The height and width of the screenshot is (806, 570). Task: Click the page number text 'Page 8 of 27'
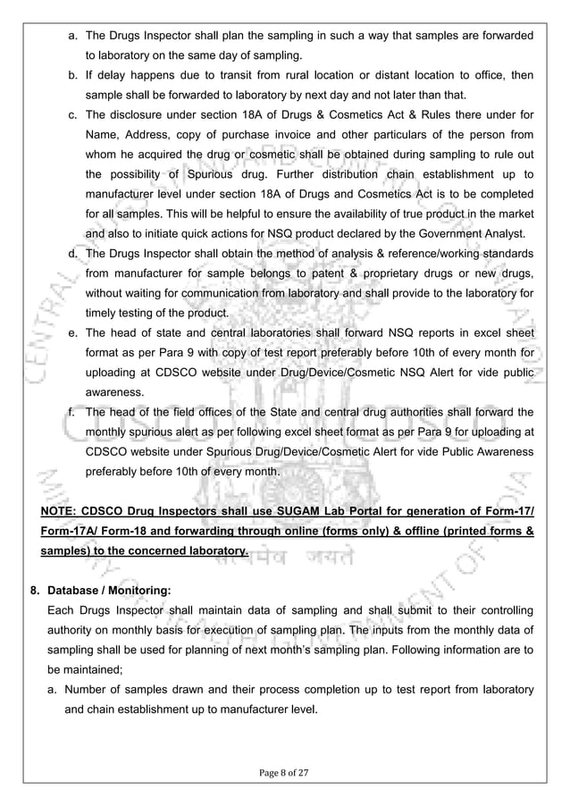tap(284, 769)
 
